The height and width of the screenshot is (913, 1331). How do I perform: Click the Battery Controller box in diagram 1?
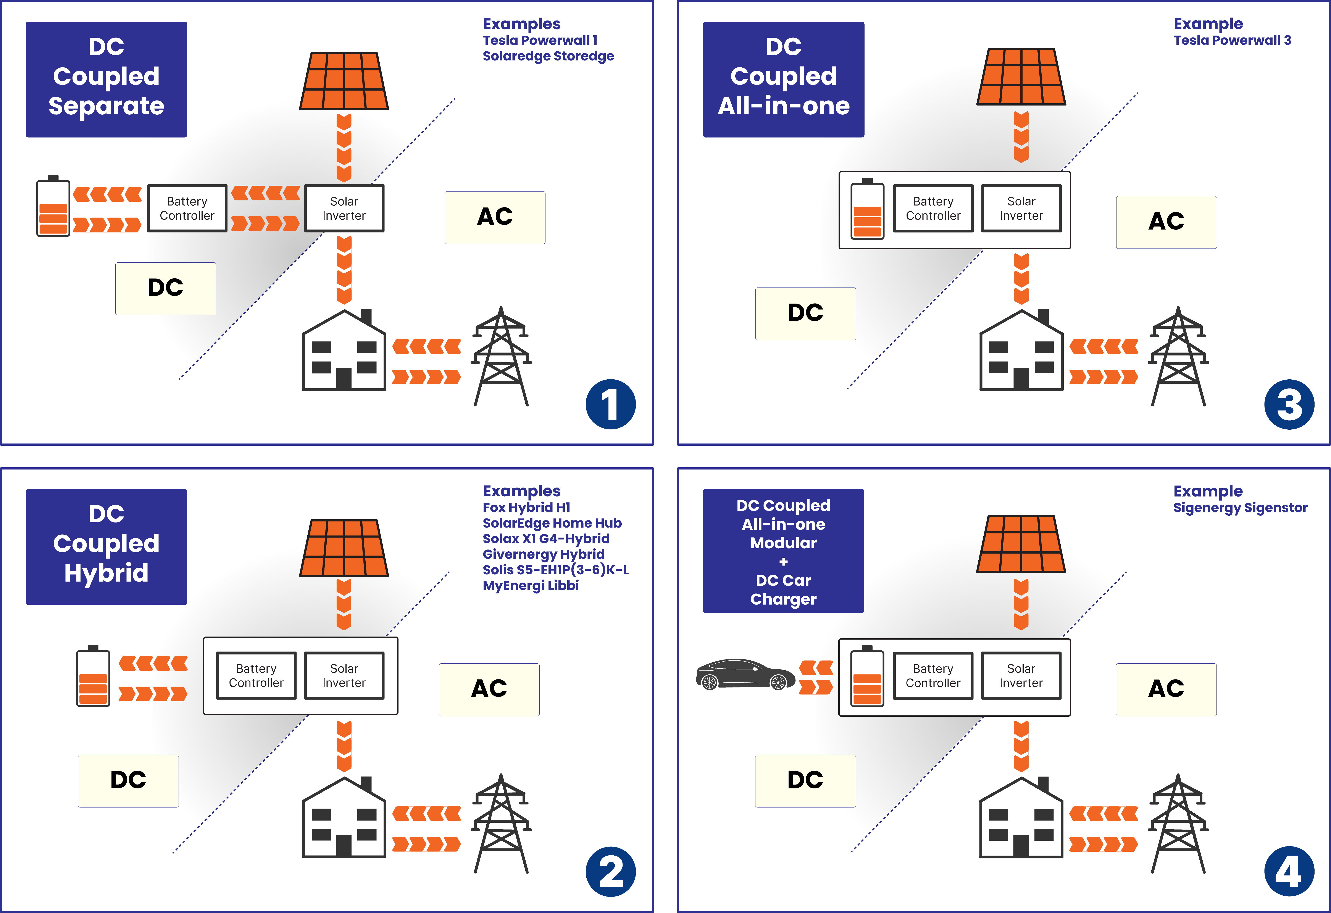[x=187, y=209]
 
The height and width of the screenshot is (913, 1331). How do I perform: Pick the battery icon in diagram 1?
[x=53, y=209]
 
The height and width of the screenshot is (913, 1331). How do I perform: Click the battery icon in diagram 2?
[x=93, y=679]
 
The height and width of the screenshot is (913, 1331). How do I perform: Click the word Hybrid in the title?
[x=106, y=573]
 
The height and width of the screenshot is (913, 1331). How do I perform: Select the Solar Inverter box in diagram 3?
[x=1021, y=209]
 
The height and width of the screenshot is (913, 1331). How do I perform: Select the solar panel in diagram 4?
[x=1021, y=544]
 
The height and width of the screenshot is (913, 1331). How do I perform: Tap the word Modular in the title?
[x=784, y=543]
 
